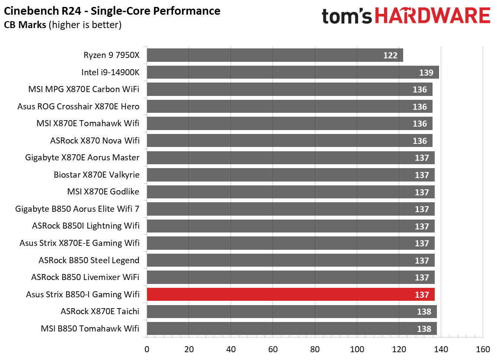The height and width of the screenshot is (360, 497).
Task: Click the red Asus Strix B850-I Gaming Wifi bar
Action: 291,294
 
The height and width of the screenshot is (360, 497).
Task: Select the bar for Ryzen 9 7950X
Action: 275,55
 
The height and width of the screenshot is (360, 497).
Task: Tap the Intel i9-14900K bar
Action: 293,72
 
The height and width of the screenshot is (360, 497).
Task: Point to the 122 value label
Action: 391,55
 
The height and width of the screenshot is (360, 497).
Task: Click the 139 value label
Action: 426,73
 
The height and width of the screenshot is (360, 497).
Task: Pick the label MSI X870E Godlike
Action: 103,192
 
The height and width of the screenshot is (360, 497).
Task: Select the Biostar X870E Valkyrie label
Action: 97,175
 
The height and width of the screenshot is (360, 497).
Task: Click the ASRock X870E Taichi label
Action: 100,311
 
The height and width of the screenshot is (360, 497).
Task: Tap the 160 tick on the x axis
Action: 483,349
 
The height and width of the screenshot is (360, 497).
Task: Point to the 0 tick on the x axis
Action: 147,349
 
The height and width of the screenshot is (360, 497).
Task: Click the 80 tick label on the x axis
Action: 315,349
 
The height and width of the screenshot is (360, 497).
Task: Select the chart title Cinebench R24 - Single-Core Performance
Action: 112,11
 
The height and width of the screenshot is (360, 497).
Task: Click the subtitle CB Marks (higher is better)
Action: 63,25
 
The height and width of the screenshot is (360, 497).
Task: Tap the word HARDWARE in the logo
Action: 433,16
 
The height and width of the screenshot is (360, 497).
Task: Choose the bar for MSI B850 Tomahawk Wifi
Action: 292,328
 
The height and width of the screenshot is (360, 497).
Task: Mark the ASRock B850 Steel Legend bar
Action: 291,260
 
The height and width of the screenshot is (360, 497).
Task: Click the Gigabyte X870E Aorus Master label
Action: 83,158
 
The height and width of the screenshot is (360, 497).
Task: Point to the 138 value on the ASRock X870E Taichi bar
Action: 424,312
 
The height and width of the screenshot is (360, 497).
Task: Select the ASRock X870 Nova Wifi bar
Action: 289,140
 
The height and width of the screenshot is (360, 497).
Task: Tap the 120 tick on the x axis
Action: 399,349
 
